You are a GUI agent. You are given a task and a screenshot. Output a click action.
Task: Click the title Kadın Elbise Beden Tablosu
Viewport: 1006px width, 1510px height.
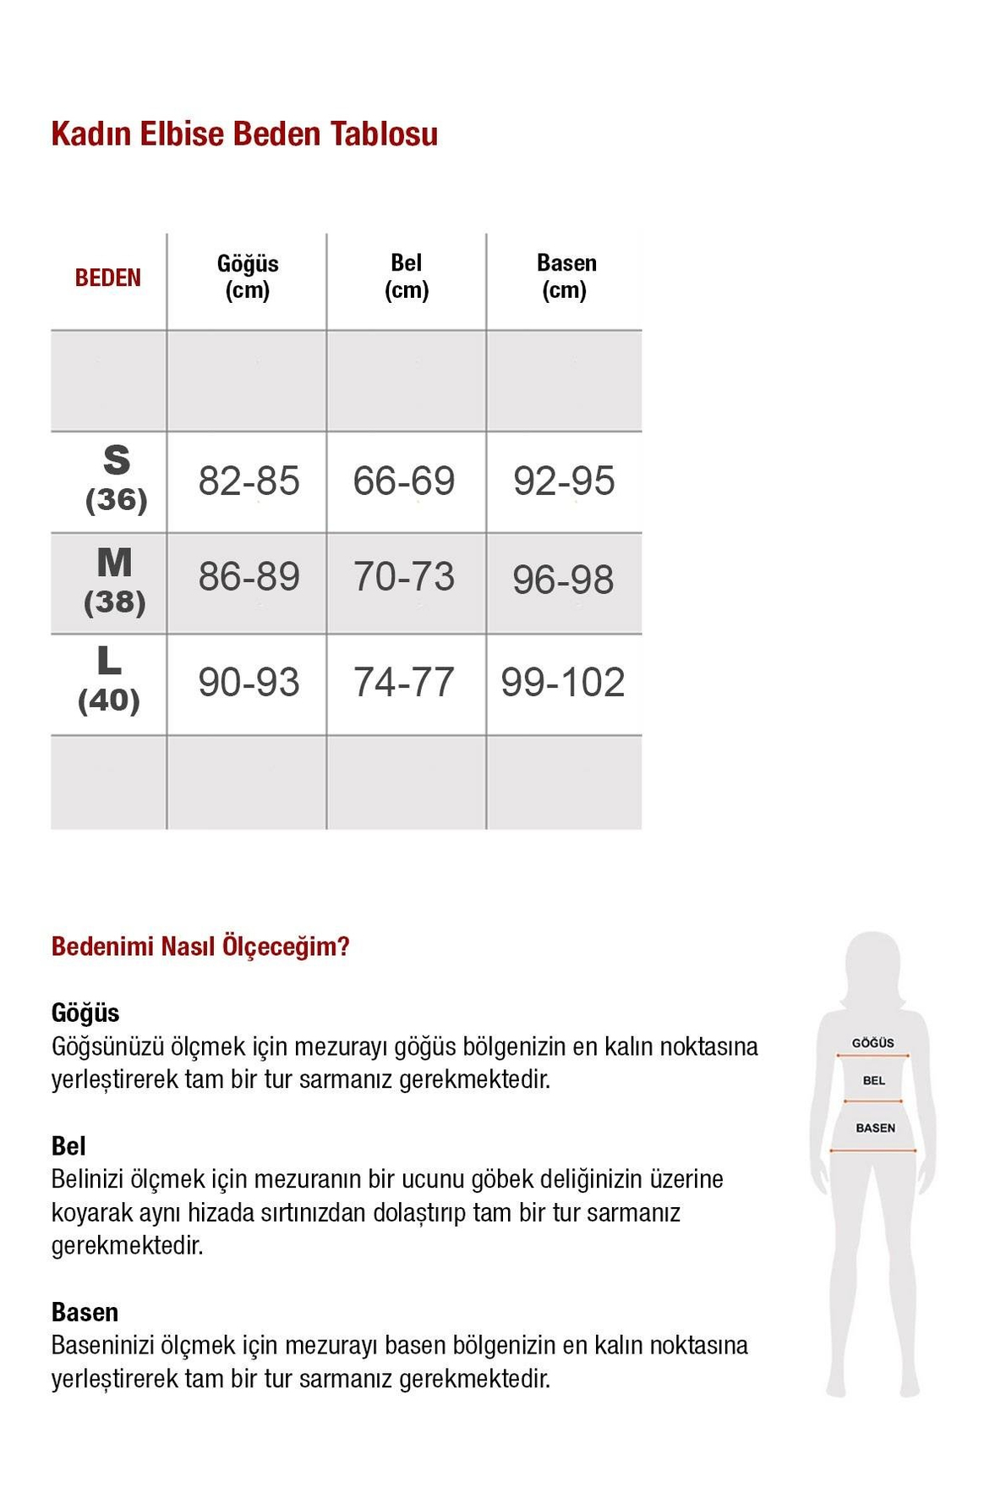click(x=244, y=135)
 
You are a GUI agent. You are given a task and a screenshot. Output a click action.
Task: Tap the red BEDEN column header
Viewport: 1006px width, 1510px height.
click(x=107, y=278)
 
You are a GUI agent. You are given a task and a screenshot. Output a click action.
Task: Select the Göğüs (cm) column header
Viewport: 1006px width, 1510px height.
click(x=247, y=277)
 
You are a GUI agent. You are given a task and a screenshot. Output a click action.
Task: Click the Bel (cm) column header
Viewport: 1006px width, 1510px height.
click(x=407, y=277)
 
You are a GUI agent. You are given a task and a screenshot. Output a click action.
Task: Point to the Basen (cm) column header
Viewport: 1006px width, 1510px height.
click(x=566, y=277)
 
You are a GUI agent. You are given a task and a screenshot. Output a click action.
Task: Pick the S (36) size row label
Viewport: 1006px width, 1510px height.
click(x=117, y=480)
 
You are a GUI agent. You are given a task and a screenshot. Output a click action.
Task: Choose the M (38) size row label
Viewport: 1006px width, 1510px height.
click(x=115, y=581)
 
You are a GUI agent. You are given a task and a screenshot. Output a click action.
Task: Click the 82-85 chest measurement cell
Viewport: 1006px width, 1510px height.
click(x=249, y=481)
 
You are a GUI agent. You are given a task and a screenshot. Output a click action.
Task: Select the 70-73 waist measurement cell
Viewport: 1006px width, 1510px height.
click(x=404, y=577)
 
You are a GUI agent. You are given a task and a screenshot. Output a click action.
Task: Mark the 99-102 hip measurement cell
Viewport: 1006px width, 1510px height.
click(x=563, y=683)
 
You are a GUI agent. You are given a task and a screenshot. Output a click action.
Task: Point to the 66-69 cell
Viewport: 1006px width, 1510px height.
click(x=404, y=481)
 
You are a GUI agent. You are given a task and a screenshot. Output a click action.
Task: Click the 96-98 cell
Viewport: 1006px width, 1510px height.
click(x=563, y=580)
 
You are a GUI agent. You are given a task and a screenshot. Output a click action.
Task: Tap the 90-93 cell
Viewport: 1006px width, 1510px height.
click(x=249, y=683)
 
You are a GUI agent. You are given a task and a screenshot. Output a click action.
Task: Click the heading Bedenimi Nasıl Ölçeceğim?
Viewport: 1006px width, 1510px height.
click(x=200, y=947)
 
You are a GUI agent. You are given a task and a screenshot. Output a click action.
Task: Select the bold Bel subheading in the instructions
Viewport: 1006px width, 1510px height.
click(x=68, y=1146)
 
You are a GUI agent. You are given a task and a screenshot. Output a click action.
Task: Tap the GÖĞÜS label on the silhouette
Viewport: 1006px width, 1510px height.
click(x=872, y=1043)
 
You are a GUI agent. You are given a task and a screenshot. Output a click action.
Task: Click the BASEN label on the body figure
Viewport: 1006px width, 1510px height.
click(x=875, y=1128)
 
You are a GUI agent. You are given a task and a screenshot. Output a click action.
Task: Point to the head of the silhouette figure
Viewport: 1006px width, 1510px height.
click(x=873, y=964)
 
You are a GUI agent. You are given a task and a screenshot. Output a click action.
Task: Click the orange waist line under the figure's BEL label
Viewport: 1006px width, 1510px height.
click(x=873, y=1101)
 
